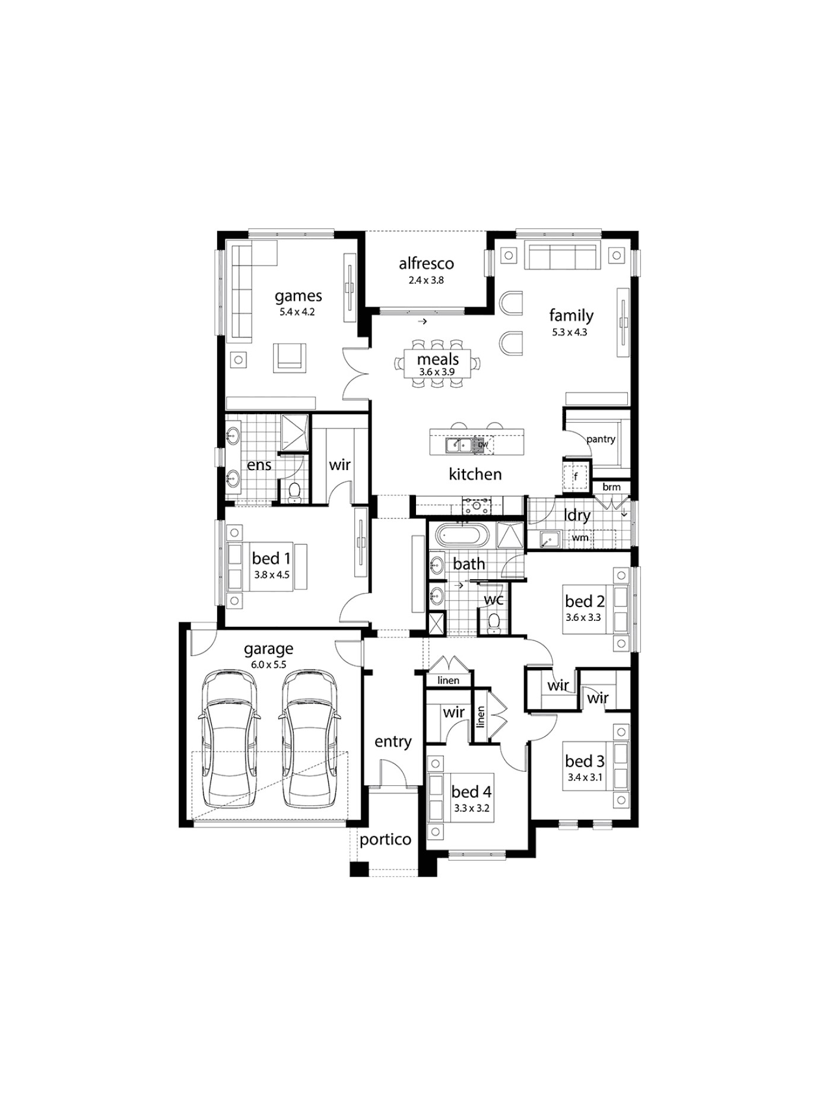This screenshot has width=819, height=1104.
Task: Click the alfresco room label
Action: (x=426, y=263)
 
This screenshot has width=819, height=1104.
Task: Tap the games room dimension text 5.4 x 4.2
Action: (x=297, y=312)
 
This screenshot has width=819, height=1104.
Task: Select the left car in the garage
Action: (x=229, y=738)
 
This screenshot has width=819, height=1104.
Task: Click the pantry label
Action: (x=600, y=439)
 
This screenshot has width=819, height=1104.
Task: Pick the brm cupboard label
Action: (x=611, y=487)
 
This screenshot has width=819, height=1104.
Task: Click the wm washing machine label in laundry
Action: (x=580, y=538)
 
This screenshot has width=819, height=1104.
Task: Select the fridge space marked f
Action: (x=575, y=476)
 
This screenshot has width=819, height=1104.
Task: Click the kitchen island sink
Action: (x=460, y=444)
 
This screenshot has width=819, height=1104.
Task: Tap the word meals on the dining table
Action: (x=437, y=359)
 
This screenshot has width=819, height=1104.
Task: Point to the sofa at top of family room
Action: (x=563, y=256)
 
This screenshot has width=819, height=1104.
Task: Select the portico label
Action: (x=385, y=839)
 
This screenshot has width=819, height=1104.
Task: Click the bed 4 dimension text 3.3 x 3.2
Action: (x=472, y=808)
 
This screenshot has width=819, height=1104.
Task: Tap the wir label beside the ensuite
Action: (x=339, y=465)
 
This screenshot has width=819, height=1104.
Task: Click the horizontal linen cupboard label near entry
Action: (x=448, y=680)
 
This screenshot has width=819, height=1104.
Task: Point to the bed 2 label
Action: (x=585, y=601)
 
